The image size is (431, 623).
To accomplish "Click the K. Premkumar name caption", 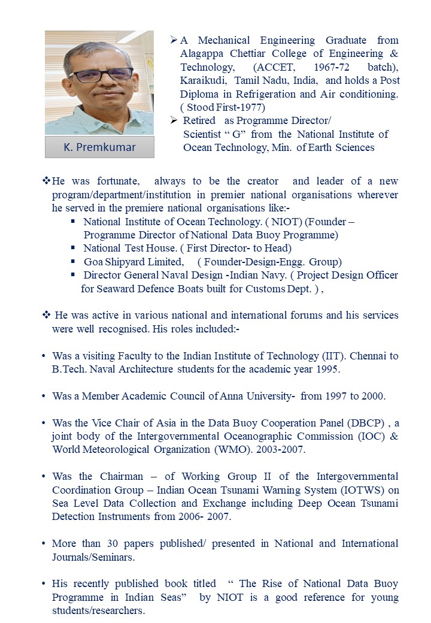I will point(99,147).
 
